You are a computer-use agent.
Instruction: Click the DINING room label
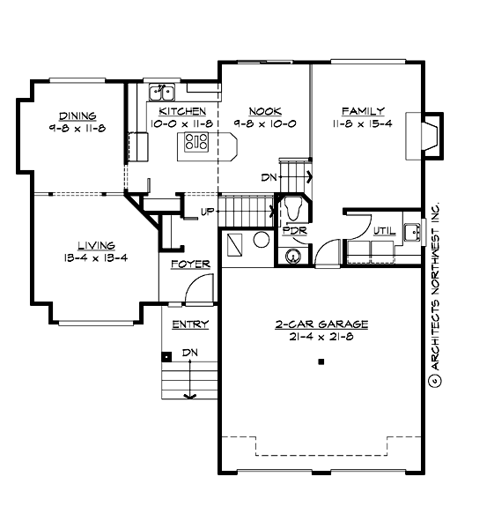click(77, 115)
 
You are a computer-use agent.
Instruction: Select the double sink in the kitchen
click(163, 92)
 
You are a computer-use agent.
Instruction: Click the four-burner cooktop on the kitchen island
click(197, 142)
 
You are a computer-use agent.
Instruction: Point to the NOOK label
click(264, 111)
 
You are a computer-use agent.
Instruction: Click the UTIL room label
click(384, 230)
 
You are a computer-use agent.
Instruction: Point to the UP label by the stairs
click(208, 212)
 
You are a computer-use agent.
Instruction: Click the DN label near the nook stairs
click(271, 176)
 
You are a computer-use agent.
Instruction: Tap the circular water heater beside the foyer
click(262, 240)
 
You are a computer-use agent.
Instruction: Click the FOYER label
click(189, 264)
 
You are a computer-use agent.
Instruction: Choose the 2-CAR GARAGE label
click(321, 324)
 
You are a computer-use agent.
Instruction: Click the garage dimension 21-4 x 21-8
click(321, 338)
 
